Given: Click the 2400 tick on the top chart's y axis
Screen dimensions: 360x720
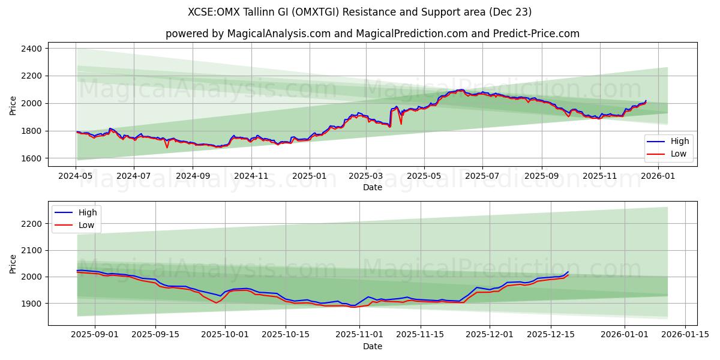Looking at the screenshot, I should point(31,49).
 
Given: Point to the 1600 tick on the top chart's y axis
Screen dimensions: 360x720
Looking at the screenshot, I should point(31,158).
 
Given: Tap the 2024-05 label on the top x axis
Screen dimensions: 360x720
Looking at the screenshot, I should point(76,176).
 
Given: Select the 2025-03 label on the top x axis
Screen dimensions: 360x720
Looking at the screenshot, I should point(365,176).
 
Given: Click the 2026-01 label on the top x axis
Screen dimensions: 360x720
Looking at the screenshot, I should point(659,176).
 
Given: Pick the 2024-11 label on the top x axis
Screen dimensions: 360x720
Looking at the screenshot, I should point(250,176).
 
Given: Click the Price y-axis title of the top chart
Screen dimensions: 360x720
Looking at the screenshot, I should point(13,105).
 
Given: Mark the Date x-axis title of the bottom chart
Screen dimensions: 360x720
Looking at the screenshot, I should point(372,346).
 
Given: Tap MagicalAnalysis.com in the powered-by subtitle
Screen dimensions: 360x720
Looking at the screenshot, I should point(278,34).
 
